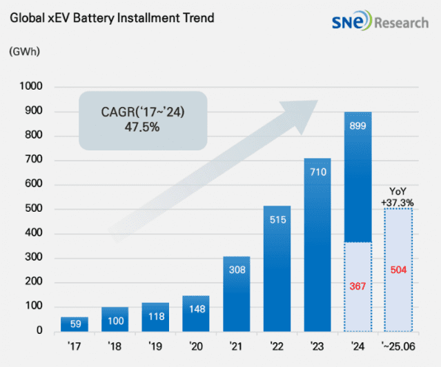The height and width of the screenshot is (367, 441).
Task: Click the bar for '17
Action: tap(75, 324)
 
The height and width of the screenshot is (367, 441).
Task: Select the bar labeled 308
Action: tap(237, 294)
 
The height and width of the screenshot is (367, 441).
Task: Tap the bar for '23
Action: tap(317, 245)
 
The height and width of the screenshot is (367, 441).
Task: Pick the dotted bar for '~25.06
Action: tap(398, 270)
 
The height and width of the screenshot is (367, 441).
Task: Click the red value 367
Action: tap(357, 286)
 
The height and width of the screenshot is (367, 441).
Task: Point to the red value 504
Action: tap(398, 270)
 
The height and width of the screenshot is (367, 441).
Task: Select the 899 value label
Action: tap(357, 126)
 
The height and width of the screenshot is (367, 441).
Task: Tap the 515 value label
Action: tap(278, 219)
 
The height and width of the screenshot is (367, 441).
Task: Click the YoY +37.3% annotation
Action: tap(398, 197)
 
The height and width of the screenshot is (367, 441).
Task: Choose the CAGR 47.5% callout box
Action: tap(143, 120)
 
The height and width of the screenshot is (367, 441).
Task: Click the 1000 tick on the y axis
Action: tap(31, 86)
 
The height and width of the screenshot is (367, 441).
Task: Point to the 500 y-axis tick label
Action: tap(34, 208)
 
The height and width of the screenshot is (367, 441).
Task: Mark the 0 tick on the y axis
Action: tap(39, 330)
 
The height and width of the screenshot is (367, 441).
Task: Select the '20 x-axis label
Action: tap(196, 346)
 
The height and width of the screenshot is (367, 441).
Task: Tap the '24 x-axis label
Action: tap(357, 346)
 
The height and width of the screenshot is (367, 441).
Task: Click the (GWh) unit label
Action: tap(24, 52)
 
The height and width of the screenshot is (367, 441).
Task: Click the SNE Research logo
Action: tap(380, 21)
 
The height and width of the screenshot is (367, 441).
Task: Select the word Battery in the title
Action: tap(94, 18)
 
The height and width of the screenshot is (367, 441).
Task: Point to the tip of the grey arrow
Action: tap(318, 101)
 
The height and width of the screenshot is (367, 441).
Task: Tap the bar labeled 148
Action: tap(196, 314)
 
